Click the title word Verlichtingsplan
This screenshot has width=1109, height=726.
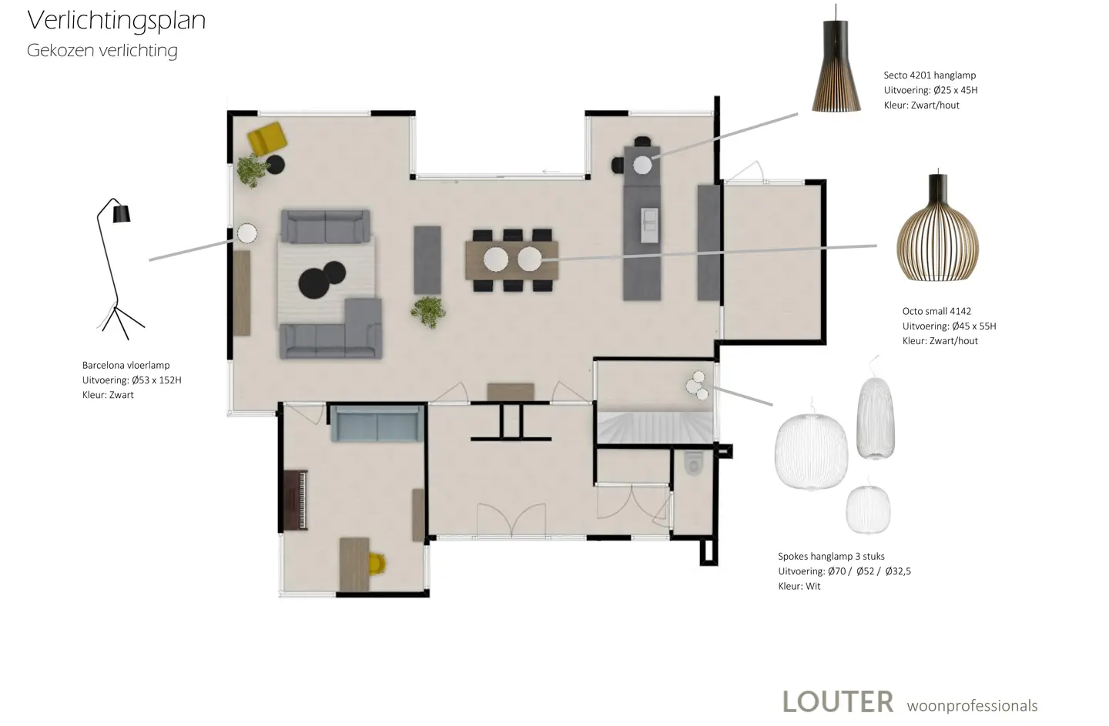pos(116,22)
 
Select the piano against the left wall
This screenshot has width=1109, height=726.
pos(296,500)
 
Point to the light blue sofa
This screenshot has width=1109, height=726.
pos(377,423)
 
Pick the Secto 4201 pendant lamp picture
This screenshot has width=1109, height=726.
pos(836,59)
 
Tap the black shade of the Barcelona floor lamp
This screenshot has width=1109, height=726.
pos(122,214)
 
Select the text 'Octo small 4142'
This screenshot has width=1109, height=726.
pos(936,311)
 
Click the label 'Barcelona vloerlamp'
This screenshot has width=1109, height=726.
pos(126,365)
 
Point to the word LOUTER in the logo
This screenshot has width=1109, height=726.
pos(838,702)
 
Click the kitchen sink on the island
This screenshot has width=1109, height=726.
pos(649,225)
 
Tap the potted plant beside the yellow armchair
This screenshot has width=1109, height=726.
pos(253,171)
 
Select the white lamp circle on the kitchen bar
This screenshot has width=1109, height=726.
pos(642,166)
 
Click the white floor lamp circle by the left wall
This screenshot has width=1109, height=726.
pos(246,233)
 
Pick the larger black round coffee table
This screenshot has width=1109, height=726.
pos(314,283)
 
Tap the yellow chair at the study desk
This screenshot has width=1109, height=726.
pos(377,564)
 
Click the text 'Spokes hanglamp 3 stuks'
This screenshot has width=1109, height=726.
pos(831,557)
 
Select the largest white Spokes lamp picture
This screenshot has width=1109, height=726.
pos(811,450)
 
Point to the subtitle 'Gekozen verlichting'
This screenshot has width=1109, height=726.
pos(102,51)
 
